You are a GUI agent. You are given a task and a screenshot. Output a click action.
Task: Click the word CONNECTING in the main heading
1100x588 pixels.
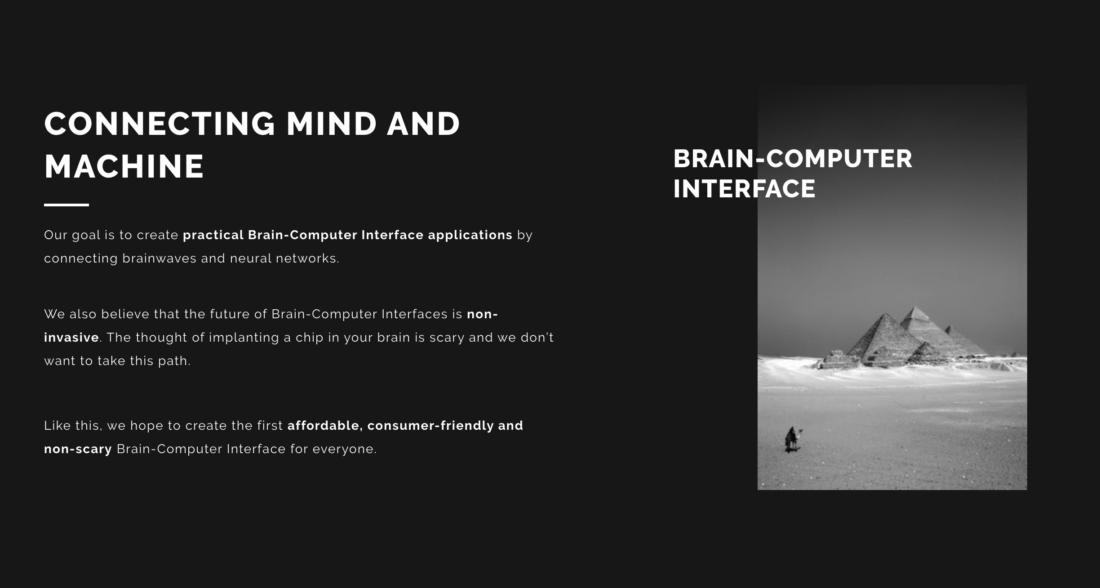click(160, 124)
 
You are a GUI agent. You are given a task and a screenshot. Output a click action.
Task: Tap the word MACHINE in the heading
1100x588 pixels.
click(124, 166)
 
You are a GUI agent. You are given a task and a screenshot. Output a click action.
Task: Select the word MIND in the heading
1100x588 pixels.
click(332, 124)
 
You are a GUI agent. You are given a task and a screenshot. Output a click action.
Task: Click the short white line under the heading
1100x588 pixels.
click(67, 205)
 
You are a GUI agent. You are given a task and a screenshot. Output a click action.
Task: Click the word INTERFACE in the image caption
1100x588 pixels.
click(744, 188)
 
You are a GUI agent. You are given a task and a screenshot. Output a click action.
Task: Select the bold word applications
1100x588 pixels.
click(470, 236)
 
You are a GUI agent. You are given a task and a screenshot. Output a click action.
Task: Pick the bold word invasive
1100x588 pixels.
click(71, 338)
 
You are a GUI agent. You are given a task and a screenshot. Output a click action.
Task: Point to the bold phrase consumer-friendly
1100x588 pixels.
click(430, 426)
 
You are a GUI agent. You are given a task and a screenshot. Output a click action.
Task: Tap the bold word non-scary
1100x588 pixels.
click(78, 450)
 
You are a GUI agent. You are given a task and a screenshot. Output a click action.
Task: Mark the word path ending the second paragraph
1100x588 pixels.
click(174, 361)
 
